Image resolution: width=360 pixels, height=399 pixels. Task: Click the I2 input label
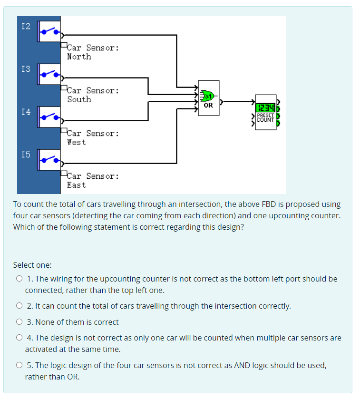point(26,26)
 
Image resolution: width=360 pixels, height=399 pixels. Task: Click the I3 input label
point(26,69)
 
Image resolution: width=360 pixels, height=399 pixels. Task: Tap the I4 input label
point(26,112)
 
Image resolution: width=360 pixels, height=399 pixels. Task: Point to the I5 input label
point(26,155)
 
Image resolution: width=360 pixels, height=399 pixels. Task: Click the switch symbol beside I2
point(49,31)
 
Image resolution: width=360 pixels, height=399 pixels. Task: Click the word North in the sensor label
point(79,57)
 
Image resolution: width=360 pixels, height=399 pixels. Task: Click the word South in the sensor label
point(79,99)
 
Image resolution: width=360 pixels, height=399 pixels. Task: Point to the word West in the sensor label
point(77,142)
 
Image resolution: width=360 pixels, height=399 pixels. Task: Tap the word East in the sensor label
point(77,185)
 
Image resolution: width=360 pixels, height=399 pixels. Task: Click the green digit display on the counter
point(265,108)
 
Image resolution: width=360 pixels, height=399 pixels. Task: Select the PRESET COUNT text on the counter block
point(265,117)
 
